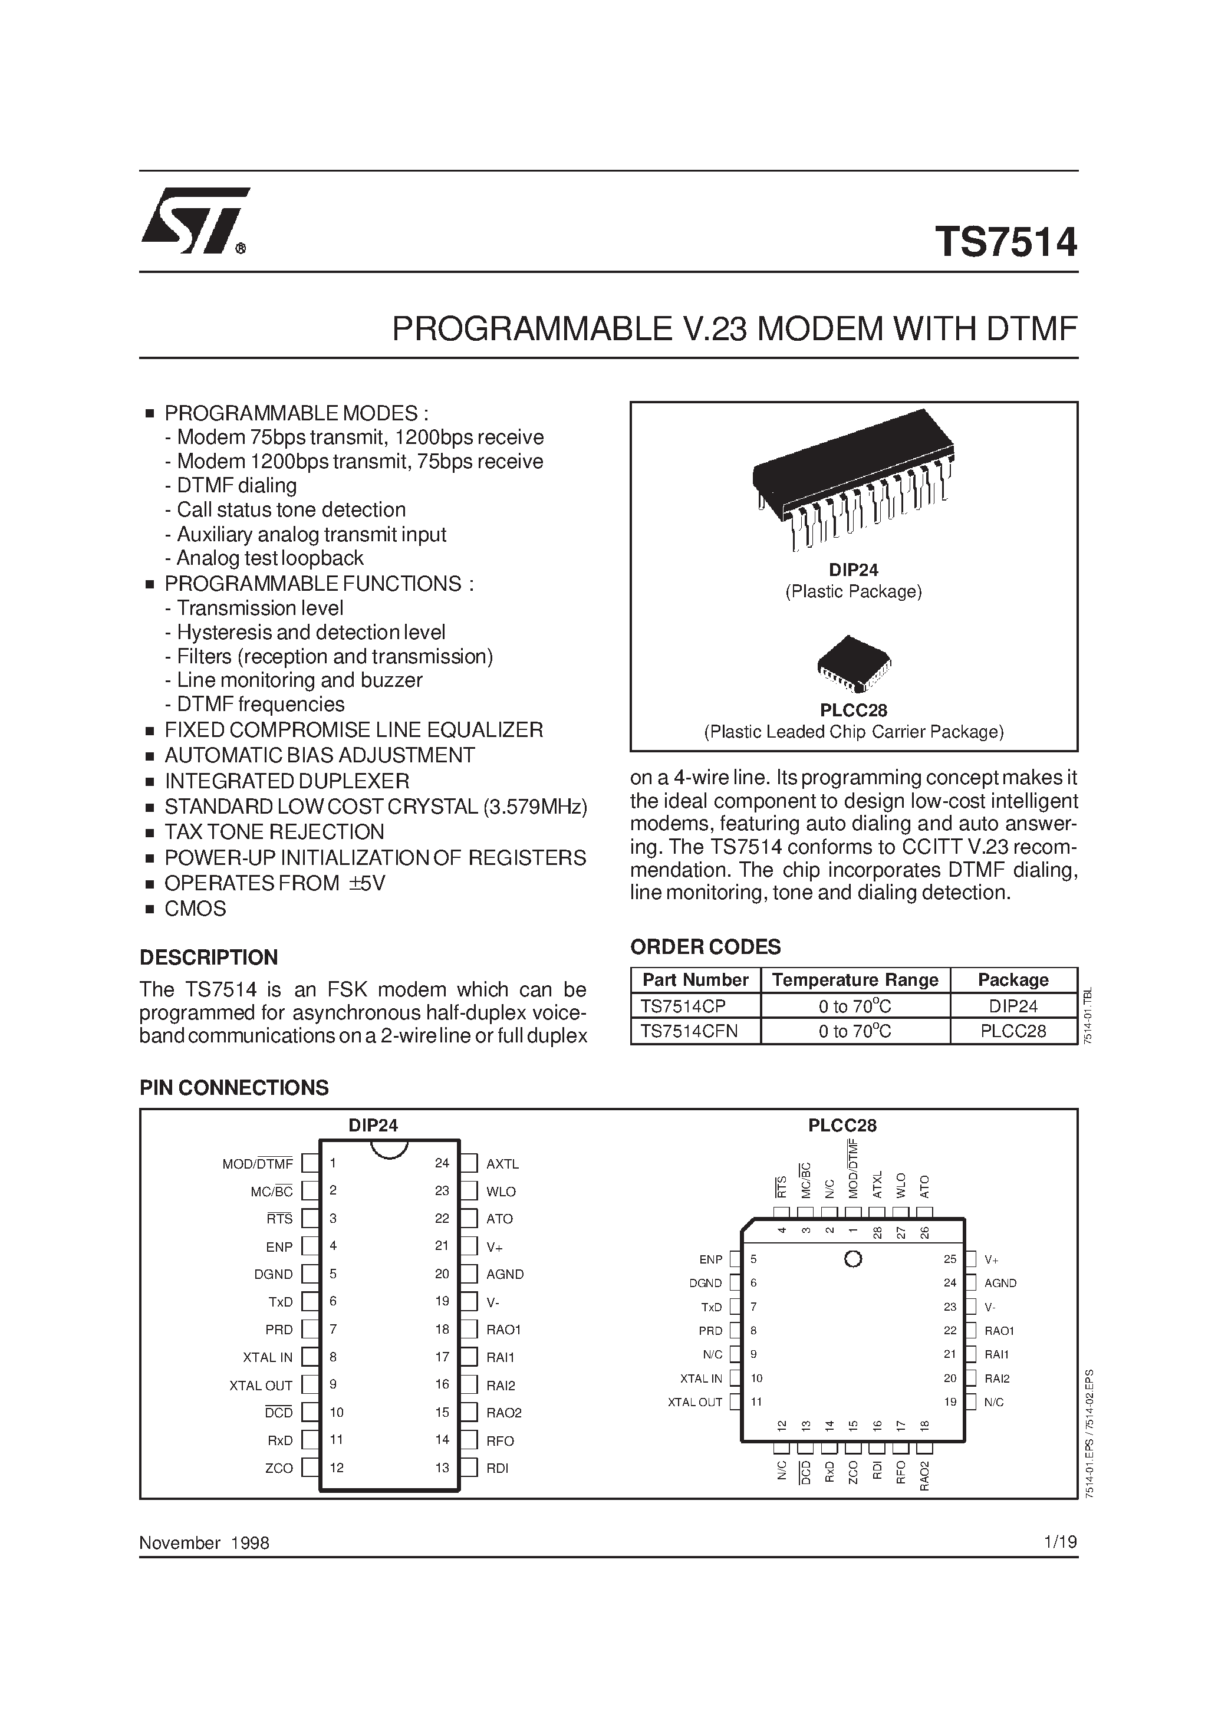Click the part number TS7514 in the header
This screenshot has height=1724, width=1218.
(x=1006, y=242)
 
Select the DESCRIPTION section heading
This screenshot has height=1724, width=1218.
(x=209, y=958)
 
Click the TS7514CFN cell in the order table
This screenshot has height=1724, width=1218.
(x=689, y=1031)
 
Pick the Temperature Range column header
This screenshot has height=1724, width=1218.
(x=855, y=980)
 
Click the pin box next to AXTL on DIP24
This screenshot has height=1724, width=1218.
(x=469, y=1164)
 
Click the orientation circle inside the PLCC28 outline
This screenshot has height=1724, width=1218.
(x=852, y=1259)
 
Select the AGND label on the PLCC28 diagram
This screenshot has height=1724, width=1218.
(x=1000, y=1283)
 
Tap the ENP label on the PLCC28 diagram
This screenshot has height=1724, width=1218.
(x=710, y=1259)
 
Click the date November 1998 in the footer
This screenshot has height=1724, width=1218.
(x=204, y=1543)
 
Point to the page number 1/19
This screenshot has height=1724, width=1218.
(x=1059, y=1542)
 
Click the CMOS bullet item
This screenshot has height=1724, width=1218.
(x=195, y=909)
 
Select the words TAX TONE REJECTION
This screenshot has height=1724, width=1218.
(x=274, y=832)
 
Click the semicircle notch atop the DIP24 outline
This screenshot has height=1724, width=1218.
(x=389, y=1148)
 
